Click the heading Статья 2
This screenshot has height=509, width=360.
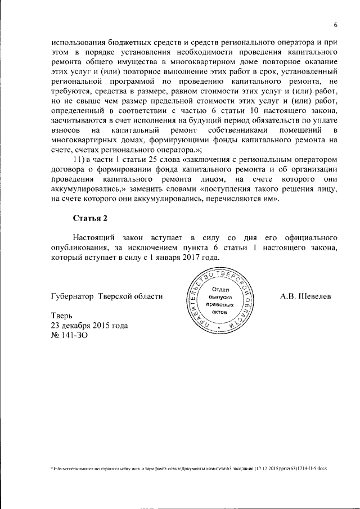coord(89,218)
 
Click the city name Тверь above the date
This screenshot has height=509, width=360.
coord(61,316)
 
